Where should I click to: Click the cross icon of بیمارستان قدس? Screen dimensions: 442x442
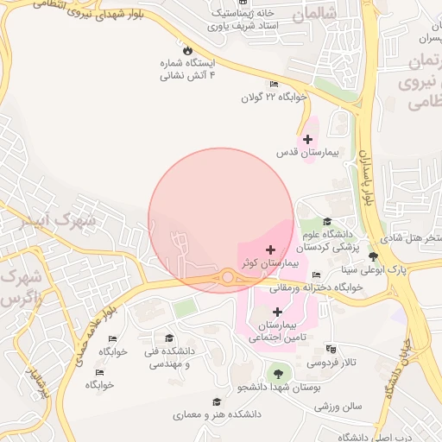pyautogui.click(x=307, y=138)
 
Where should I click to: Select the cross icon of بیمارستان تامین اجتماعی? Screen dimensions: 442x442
pyautogui.click(x=277, y=312)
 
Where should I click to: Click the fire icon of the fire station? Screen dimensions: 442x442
pyautogui.click(x=186, y=49)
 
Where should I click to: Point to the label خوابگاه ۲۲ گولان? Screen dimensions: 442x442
pyautogui.click(x=275, y=98)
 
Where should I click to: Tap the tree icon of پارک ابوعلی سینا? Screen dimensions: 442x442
pyautogui.click(x=373, y=256)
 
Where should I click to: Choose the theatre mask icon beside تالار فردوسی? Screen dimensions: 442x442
pyautogui.click(x=331, y=350)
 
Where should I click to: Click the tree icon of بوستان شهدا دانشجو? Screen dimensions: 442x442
pyautogui.click(x=276, y=373)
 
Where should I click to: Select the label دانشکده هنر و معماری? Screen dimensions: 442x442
pyautogui.click(x=216, y=414)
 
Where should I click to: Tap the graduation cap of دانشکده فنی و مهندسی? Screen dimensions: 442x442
pyautogui.click(x=169, y=338)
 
